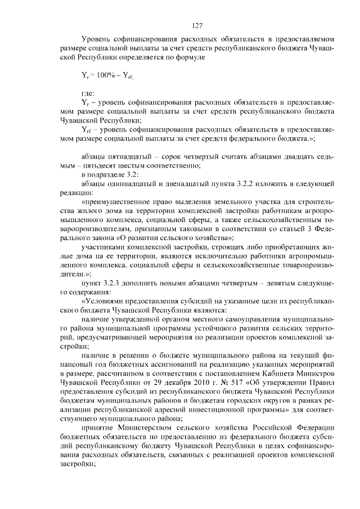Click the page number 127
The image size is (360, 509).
[197, 26]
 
